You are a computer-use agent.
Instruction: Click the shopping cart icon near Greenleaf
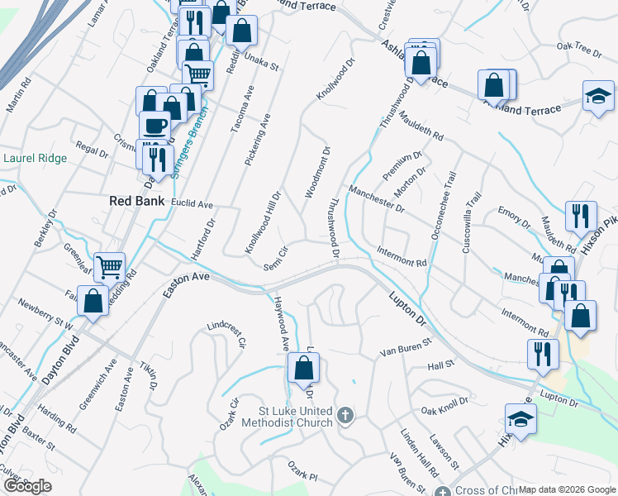[109, 267]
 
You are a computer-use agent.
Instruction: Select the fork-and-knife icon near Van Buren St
[543, 354]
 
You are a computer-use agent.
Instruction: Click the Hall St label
[440, 364]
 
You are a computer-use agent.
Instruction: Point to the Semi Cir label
[275, 257]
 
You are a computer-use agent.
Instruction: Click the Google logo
[27, 486]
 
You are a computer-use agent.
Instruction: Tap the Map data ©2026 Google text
[567, 489]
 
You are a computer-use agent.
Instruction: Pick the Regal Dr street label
[92, 153]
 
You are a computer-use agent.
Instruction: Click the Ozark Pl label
[302, 475]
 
